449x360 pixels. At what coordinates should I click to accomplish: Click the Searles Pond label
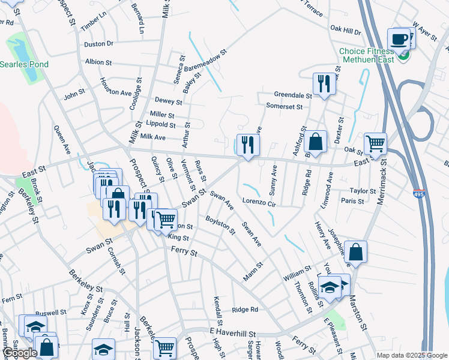tap(24, 64)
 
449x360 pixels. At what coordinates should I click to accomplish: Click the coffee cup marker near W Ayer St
tap(399, 40)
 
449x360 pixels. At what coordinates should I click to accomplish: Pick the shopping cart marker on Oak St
tap(375, 143)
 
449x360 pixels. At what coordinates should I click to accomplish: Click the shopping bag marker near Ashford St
tap(315, 142)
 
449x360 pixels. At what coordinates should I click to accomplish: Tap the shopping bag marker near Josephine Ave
tap(355, 251)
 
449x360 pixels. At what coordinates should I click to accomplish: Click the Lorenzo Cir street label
tap(258, 203)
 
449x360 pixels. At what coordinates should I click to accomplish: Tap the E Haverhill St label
tap(232, 333)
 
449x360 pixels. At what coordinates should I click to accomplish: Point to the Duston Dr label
tap(99, 44)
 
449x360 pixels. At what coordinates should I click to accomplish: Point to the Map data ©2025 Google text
tap(412, 355)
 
